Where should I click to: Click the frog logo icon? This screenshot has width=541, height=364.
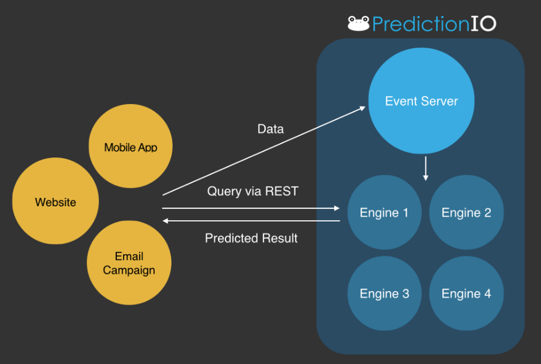pyautogui.click(x=359, y=23)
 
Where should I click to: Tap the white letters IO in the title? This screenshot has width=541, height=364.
pyautogui.click(x=483, y=24)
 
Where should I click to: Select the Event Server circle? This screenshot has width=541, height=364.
pyautogui.click(x=421, y=101)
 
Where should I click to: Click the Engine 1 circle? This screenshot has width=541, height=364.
pyautogui.click(x=384, y=212)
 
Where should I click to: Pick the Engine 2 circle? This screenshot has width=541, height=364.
pyautogui.click(x=466, y=212)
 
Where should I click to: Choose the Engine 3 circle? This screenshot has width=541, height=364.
pyautogui.click(x=384, y=293)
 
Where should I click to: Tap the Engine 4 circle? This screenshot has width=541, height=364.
pyautogui.click(x=466, y=293)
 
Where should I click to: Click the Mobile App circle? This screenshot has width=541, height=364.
pyautogui.click(x=131, y=146)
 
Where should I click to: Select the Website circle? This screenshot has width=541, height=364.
pyautogui.click(x=56, y=201)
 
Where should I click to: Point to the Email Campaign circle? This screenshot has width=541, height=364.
pyautogui.click(x=129, y=262)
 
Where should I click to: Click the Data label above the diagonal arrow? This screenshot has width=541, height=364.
pyautogui.click(x=271, y=129)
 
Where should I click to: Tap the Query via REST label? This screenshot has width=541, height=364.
pyautogui.click(x=253, y=191)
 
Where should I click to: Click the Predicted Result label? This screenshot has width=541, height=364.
pyautogui.click(x=251, y=238)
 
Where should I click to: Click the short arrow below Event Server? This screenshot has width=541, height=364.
pyautogui.click(x=426, y=168)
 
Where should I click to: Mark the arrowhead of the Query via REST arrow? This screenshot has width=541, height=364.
pyautogui.click(x=337, y=208)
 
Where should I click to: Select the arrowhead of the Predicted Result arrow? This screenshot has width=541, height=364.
pyautogui.click(x=165, y=221)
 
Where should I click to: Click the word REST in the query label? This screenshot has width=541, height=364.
pyautogui.click(x=282, y=191)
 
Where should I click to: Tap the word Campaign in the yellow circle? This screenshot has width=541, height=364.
pyautogui.click(x=129, y=270)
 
